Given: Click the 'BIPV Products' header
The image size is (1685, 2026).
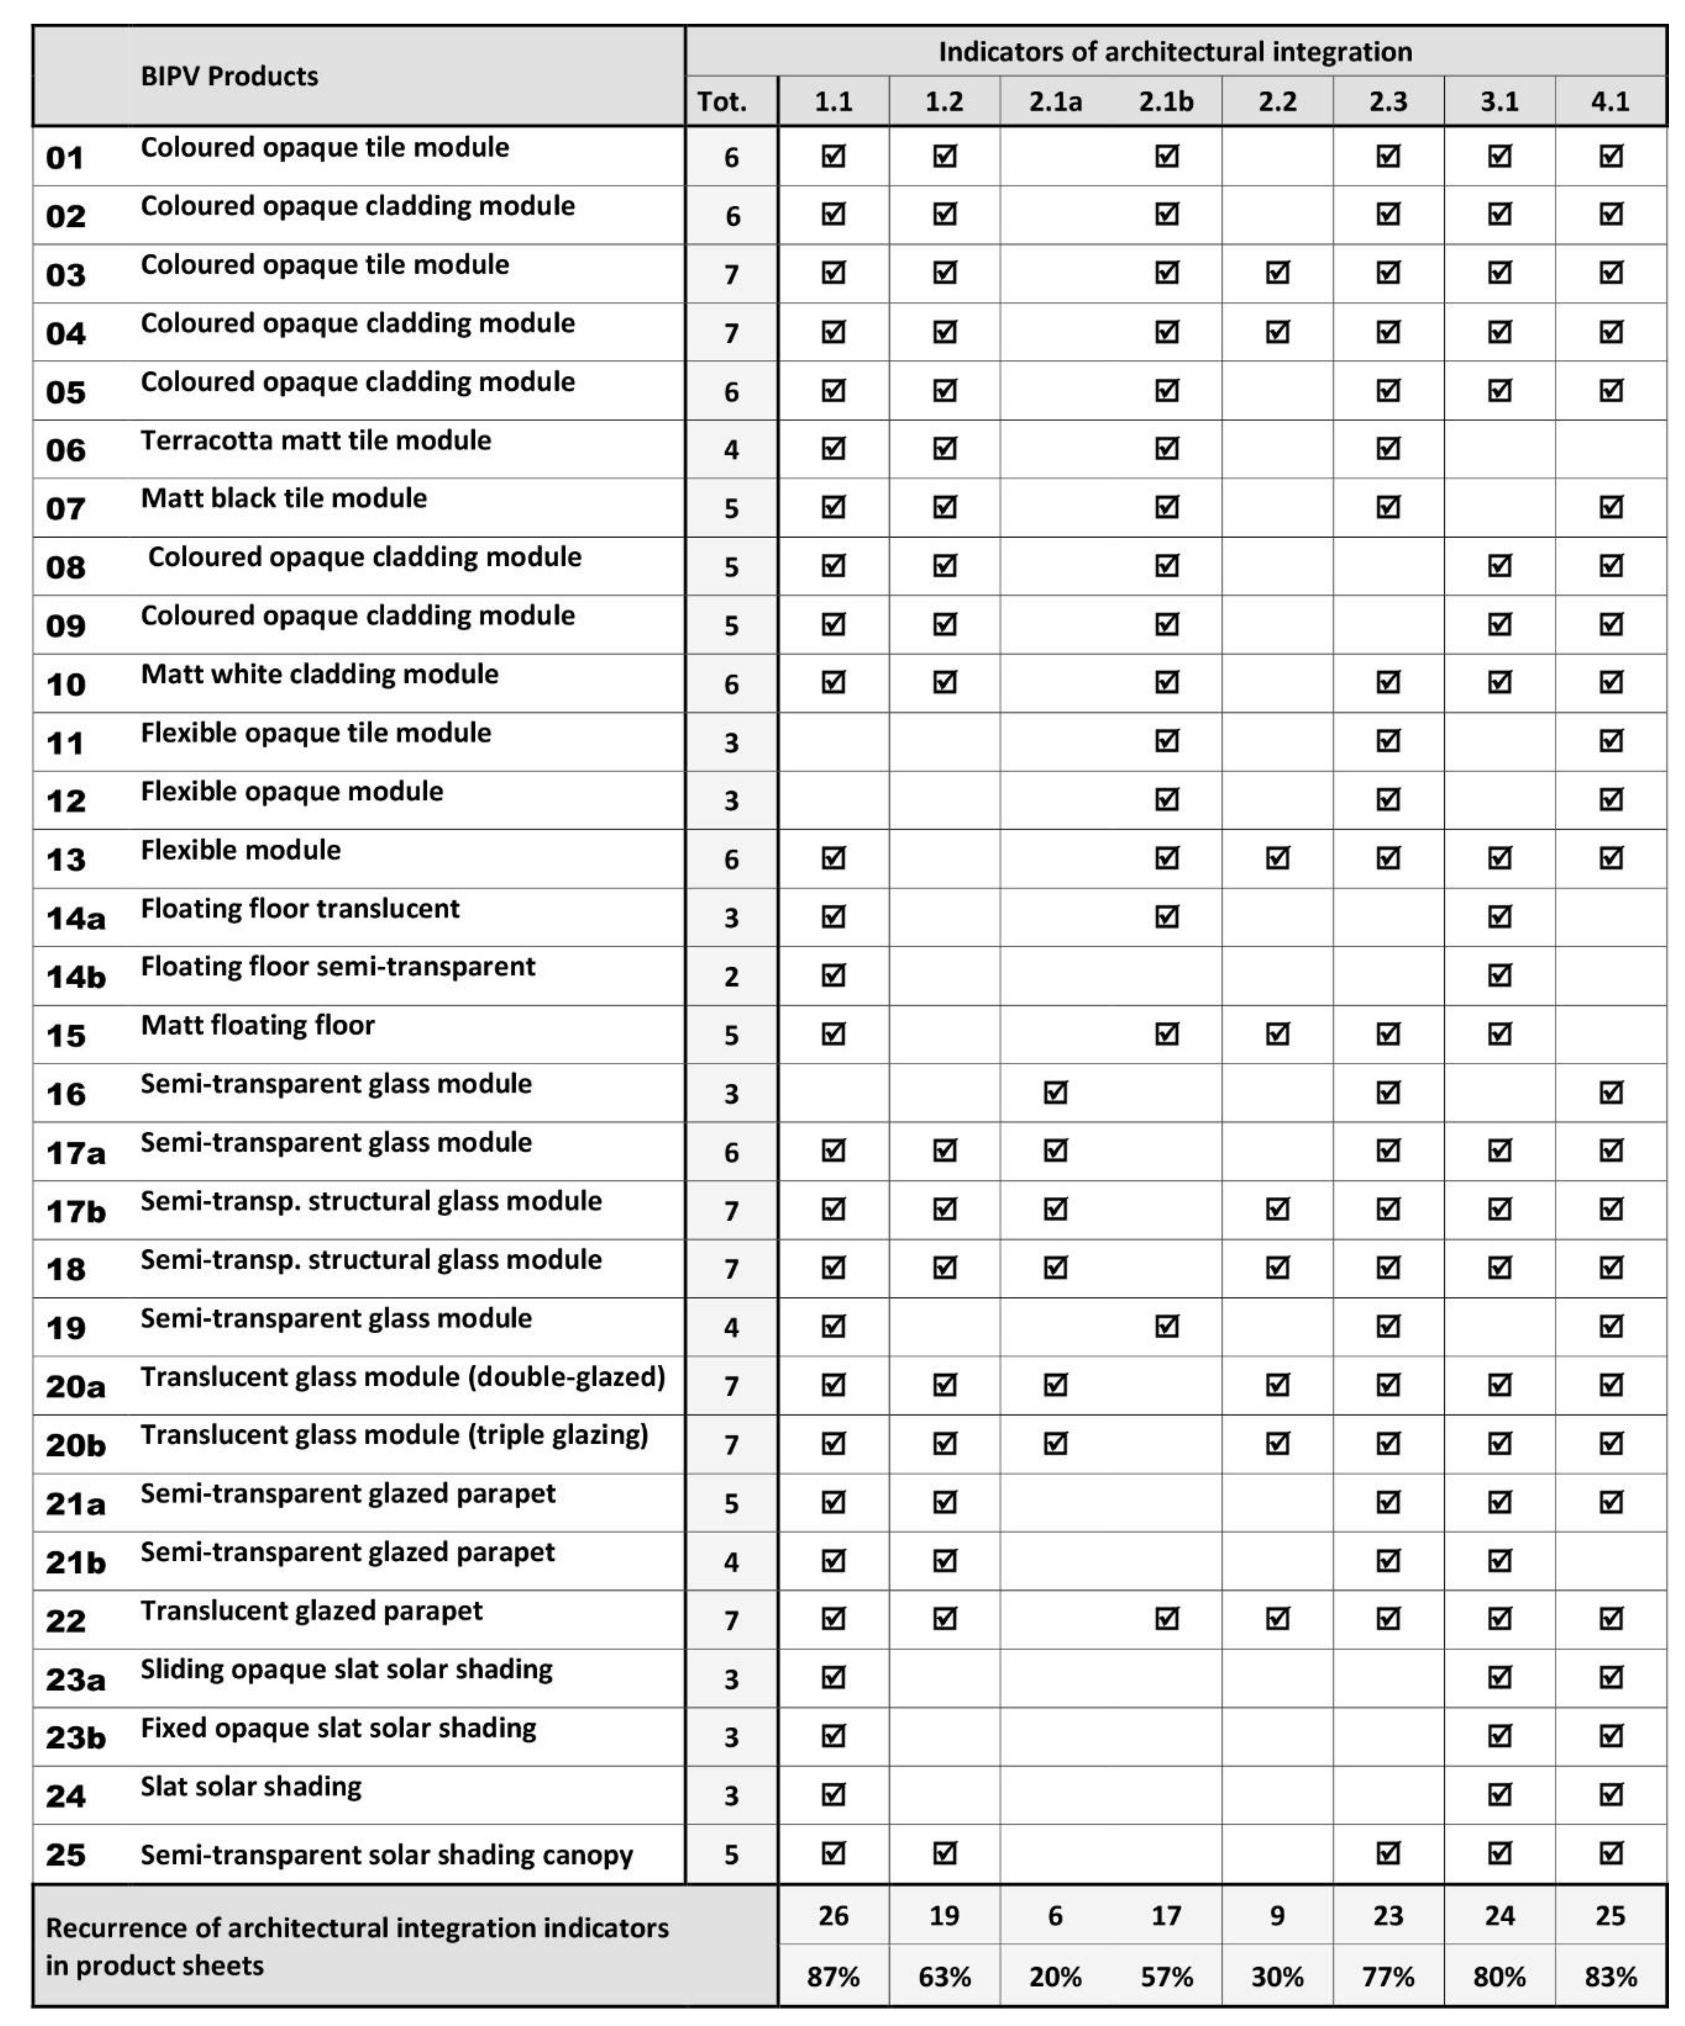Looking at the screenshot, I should point(229,76).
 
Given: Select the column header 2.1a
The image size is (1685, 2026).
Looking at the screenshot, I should point(1055,101).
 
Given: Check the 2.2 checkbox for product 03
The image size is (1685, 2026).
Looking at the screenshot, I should point(1277,273).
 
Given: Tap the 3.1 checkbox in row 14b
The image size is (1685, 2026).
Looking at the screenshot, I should point(1499,975).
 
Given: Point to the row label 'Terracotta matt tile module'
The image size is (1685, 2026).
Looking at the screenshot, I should point(315,441).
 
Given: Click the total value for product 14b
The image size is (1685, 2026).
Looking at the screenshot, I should point(731,976).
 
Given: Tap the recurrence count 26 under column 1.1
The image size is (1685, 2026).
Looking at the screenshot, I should point(833,1915).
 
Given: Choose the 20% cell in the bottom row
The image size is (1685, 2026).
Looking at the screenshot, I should point(1055,1977).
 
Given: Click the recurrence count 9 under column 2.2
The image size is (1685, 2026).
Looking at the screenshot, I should point(1277,1915).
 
